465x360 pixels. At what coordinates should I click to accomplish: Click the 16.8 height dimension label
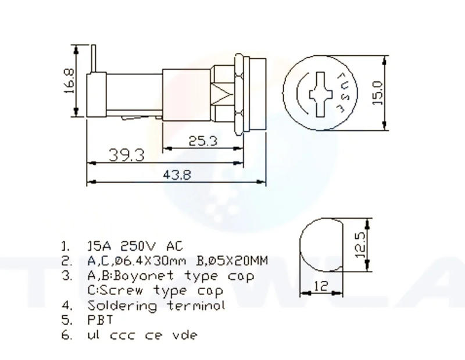(69, 80)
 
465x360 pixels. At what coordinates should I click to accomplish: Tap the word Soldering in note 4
(122, 305)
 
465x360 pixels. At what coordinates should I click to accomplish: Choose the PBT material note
(100, 320)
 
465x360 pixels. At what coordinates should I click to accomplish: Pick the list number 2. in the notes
(67, 261)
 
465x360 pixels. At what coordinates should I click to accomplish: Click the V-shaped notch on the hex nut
(221, 92)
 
